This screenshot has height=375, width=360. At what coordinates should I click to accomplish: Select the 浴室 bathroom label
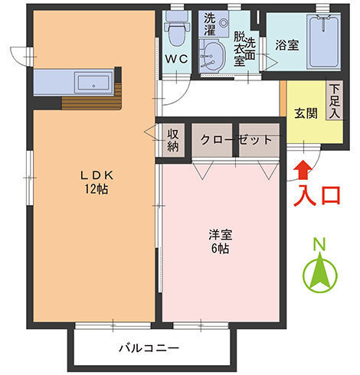tap(286, 45)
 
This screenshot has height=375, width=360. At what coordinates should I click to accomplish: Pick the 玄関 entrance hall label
tap(305, 112)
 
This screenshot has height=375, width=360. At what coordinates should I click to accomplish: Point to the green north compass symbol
tap(320, 274)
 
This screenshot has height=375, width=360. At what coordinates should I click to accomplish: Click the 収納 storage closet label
tap(173, 140)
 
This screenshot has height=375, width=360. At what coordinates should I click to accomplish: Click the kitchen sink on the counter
tap(93, 81)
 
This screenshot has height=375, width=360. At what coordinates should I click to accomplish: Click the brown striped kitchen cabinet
tap(92, 99)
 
